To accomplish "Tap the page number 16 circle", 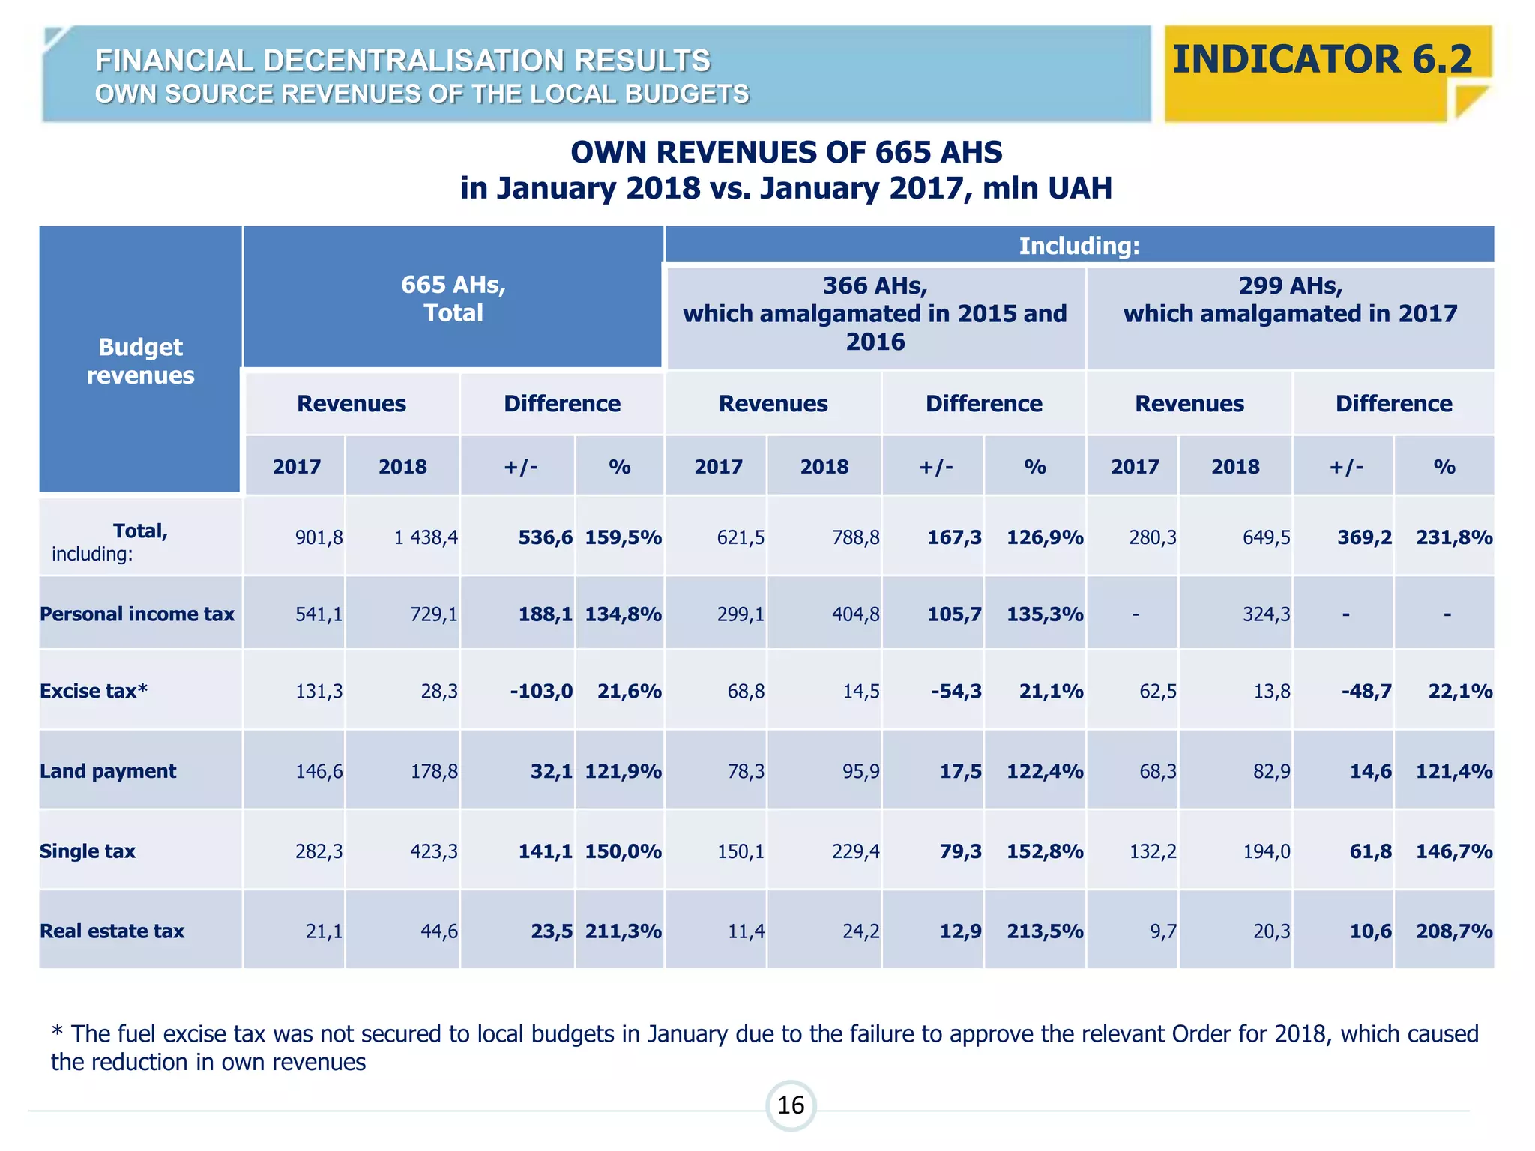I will pos(791,1105).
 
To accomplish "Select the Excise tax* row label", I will pos(94,691).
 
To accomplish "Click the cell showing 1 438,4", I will pos(426,537).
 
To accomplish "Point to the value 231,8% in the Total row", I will pos(1453,537).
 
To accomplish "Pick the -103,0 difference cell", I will pos(541,691).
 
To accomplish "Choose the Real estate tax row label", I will pos(112,931).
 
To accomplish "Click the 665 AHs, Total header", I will pos(453,298).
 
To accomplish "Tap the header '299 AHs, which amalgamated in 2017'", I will pos(1289,300).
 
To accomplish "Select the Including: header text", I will pos(1079,246).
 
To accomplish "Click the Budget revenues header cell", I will pos(140,361).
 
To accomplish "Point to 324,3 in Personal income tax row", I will pos(1266,614).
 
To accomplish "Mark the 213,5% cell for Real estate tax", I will pos(1044,931).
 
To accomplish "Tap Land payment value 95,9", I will pos(860,771).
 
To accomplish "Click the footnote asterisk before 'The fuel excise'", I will pos(57,1033).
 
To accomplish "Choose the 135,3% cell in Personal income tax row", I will pos(1044,614).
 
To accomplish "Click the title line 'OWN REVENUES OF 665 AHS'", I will pos(786,153).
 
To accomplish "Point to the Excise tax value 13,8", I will pos(1271,691).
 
